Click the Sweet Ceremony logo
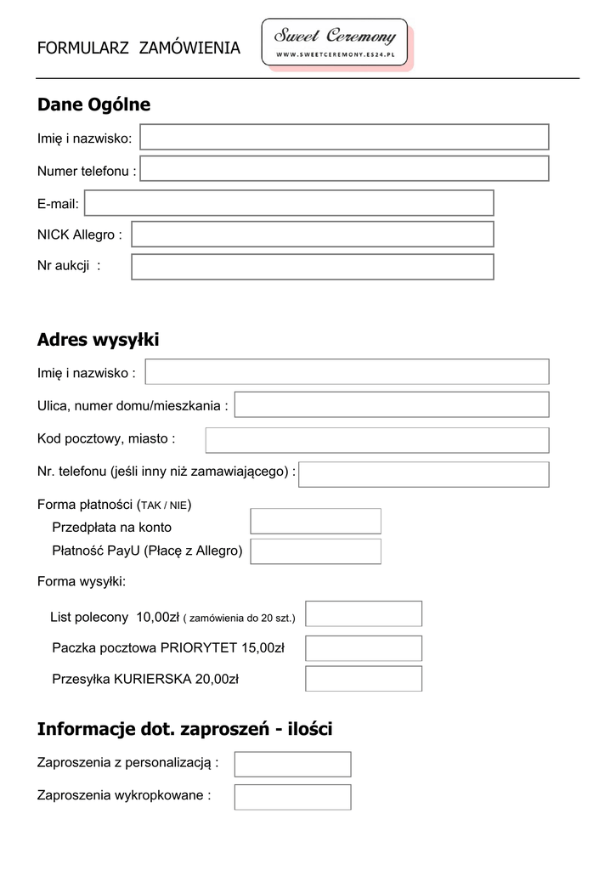[x=335, y=42]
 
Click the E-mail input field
[x=289, y=203]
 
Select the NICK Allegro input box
[x=312, y=234]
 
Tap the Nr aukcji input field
[x=312, y=266]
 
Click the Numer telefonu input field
[x=344, y=168]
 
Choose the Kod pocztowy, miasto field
[x=377, y=440]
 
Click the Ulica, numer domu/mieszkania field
[x=392, y=405]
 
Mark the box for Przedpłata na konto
[x=315, y=521]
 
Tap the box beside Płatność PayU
[x=315, y=551]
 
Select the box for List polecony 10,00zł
[x=364, y=613]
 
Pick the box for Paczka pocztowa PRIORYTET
[x=364, y=647]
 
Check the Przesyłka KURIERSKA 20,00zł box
[x=364, y=679]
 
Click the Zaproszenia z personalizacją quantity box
[x=292, y=764]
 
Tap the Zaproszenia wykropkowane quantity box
[x=292, y=797]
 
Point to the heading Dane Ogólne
[x=93, y=105]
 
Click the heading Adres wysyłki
[x=98, y=340]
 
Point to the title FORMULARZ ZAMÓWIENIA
[x=138, y=48]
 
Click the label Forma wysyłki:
[x=82, y=582]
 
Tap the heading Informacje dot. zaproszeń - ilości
[x=184, y=729]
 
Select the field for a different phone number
[x=423, y=474]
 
